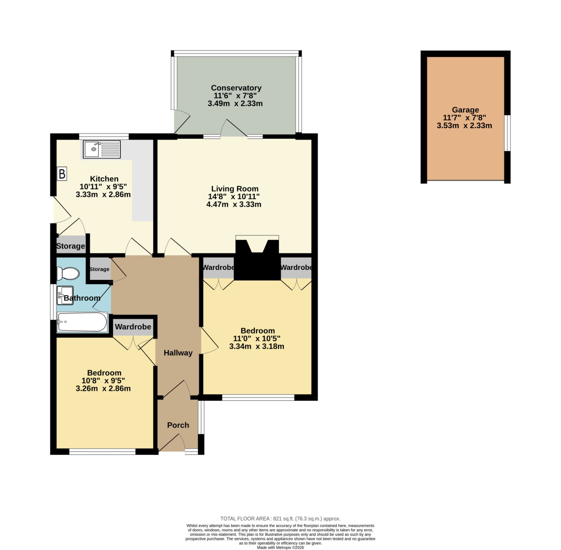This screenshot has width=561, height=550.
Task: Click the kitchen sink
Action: (x=102, y=150)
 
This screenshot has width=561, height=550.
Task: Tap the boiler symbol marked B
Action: (x=62, y=174)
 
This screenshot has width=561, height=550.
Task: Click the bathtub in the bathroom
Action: (x=82, y=322)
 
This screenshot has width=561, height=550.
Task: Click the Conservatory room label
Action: (x=236, y=88)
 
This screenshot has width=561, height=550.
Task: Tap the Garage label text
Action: (x=465, y=110)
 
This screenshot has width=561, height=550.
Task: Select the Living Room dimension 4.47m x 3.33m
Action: (x=234, y=204)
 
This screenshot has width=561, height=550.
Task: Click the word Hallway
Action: (x=178, y=353)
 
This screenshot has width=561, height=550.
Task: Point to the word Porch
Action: (x=178, y=425)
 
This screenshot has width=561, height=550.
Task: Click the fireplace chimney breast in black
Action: (x=257, y=260)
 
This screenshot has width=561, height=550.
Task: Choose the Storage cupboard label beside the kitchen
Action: (x=70, y=246)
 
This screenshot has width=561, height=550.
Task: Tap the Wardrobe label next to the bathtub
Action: (x=133, y=327)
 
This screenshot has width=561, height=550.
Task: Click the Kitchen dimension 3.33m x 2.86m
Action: (x=103, y=194)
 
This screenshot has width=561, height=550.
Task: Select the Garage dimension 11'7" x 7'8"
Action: (x=465, y=118)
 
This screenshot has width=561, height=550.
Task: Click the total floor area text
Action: (x=280, y=518)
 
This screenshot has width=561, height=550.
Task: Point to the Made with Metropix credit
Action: (x=280, y=547)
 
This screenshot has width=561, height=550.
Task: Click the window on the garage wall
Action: (x=507, y=133)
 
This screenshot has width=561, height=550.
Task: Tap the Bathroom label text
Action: (x=82, y=298)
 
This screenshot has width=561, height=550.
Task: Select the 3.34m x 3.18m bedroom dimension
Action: (x=257, y=346)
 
